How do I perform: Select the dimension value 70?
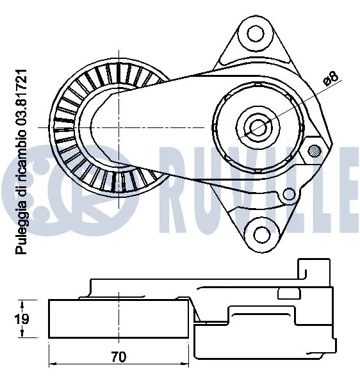pos(119,356)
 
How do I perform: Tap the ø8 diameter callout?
pos(331,78)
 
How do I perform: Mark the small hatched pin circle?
pos(314,151)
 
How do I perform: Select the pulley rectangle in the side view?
pos(119,318)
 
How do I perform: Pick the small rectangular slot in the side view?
pos(289,293)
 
